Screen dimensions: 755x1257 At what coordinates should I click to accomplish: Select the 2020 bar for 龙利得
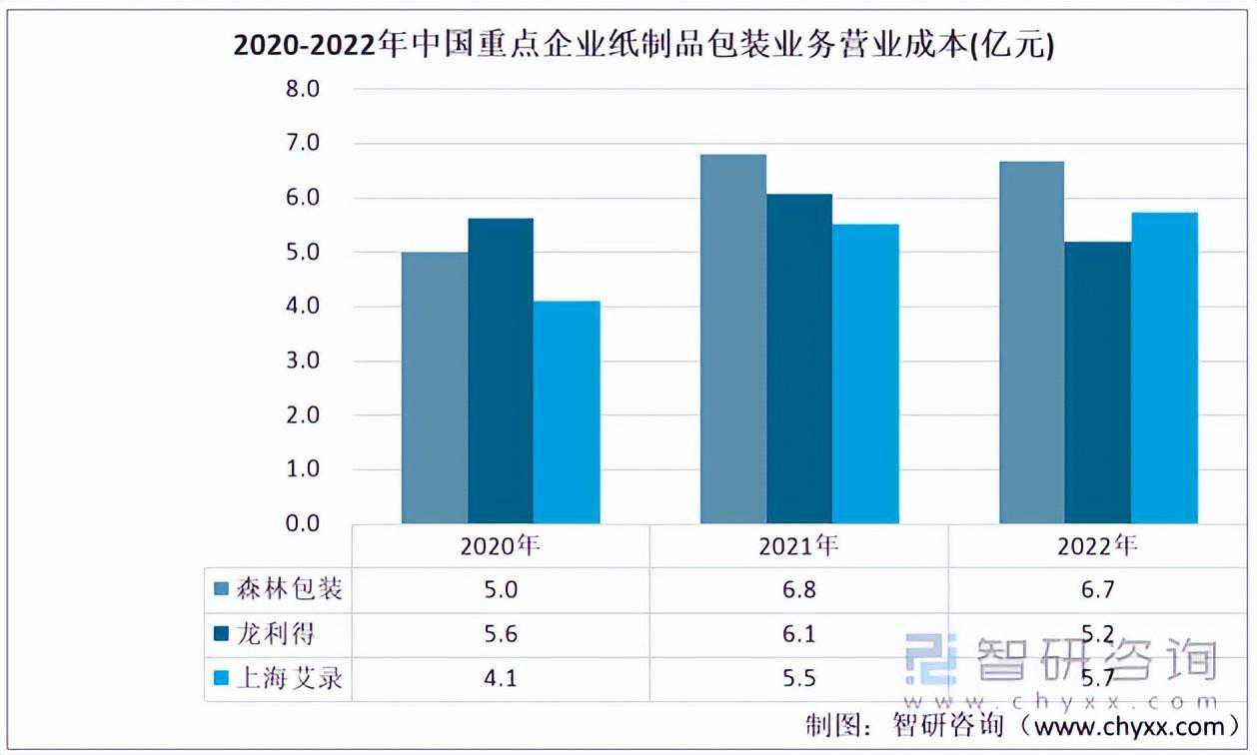click(501, 371)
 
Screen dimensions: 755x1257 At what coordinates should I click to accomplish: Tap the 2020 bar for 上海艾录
click(567, 411)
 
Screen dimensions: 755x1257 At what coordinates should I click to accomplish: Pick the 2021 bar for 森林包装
click(732, 339)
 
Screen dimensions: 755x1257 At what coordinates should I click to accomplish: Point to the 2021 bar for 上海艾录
click(865, 374)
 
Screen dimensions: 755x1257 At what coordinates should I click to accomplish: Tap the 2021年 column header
click(798, 545)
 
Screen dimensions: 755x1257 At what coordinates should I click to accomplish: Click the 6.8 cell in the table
click(798, 590)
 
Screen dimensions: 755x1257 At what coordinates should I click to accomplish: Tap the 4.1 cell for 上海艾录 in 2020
click(501, 679)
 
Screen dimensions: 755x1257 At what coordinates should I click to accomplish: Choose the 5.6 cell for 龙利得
click(501, 634)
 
